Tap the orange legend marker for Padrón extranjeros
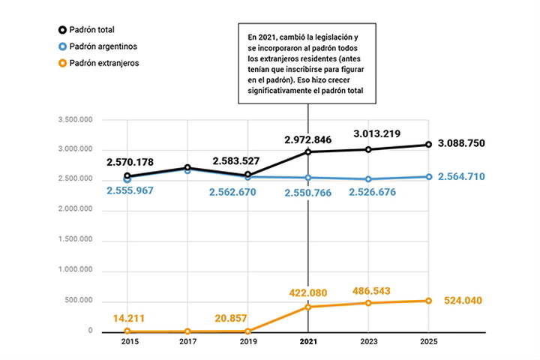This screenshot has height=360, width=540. click(x=61, y=63)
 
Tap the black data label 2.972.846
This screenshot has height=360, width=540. click(x=307, y=139)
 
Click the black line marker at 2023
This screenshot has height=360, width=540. click(x=367, y=149)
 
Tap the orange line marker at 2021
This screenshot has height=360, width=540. click(x=307, y=307)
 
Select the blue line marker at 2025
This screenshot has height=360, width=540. click(x=427, y=177)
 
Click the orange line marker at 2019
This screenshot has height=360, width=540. click(x=247, y=331)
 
